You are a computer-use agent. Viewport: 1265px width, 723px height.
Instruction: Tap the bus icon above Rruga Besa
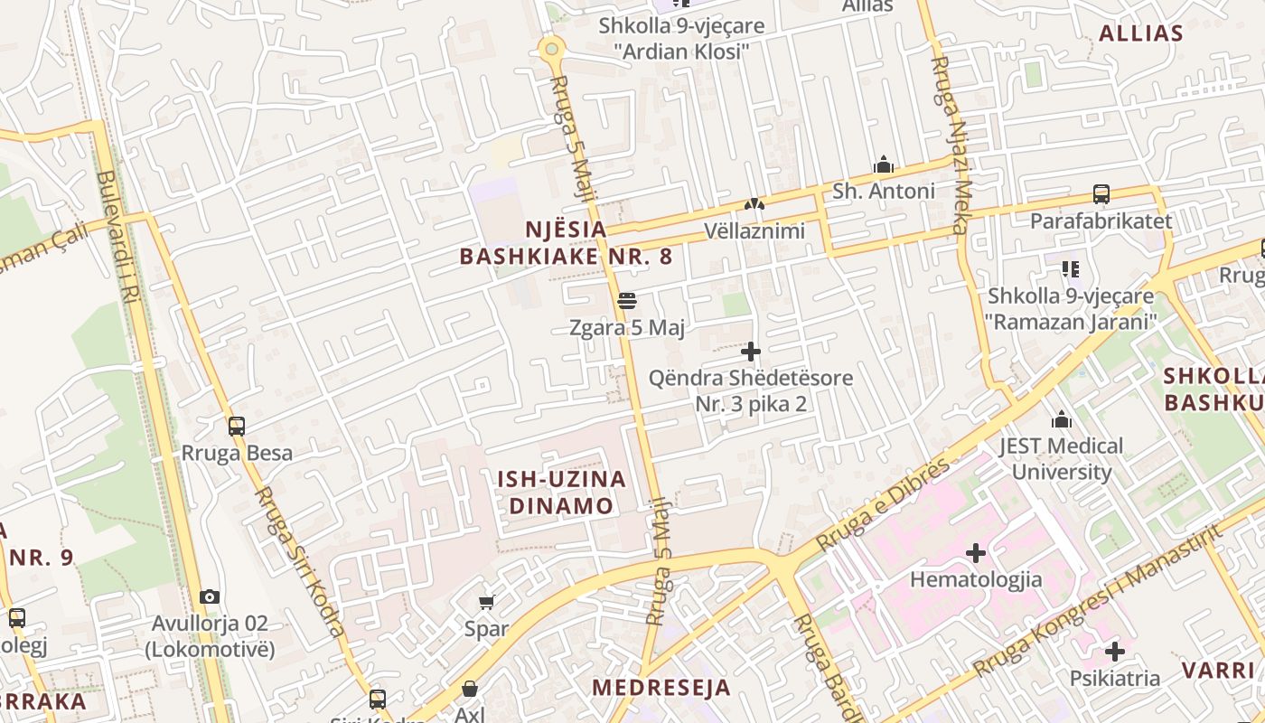237,426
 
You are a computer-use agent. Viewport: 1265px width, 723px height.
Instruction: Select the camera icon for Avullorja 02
210,596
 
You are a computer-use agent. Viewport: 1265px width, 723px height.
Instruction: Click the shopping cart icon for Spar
487,602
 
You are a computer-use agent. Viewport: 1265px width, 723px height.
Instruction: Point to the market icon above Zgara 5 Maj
627,300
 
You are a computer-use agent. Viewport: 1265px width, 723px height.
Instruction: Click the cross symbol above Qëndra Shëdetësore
751,351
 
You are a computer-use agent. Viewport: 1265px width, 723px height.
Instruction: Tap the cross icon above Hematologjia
976,552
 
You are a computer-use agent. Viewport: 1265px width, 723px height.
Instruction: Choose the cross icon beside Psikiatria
1115,651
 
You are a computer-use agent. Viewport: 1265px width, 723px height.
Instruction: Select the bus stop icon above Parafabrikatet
1101,193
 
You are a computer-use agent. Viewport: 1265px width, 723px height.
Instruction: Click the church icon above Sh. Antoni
884,164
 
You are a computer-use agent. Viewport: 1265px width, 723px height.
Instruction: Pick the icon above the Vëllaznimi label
754,204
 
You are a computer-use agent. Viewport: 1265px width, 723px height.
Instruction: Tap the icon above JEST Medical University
1062,419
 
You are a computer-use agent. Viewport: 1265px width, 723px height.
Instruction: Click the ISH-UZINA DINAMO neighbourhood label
561,492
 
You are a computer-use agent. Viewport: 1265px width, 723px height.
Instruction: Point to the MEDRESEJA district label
661,687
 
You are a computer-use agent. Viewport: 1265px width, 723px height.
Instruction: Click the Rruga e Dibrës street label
883,504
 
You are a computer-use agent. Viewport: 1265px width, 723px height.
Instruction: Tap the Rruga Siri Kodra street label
299,560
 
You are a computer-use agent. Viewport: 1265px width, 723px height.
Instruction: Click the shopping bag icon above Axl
470,690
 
